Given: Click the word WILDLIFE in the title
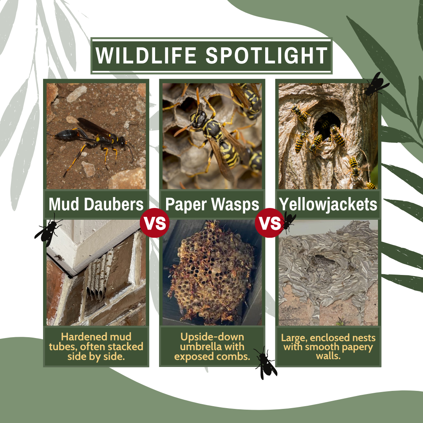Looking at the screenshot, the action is [146, 55].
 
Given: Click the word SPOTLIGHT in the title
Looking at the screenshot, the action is [267, 55].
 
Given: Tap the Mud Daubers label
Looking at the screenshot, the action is [96, 204].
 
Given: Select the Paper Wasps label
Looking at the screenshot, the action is [212, 204].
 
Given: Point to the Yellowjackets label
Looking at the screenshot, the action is [328, 204].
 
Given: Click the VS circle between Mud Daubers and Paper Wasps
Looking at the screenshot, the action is [155, 223].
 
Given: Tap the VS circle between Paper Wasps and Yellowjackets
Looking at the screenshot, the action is [269, 223].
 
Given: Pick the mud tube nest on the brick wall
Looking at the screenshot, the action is [98, 278].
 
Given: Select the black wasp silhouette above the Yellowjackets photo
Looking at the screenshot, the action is [374, 85].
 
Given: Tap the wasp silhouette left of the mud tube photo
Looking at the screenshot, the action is [48, 231].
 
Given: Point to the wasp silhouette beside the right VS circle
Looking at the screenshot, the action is [288, 222].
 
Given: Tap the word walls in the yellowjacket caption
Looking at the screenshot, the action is [328, 356].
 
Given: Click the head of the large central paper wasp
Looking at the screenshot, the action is [199, 119].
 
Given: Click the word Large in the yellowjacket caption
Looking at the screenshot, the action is [294, 338].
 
